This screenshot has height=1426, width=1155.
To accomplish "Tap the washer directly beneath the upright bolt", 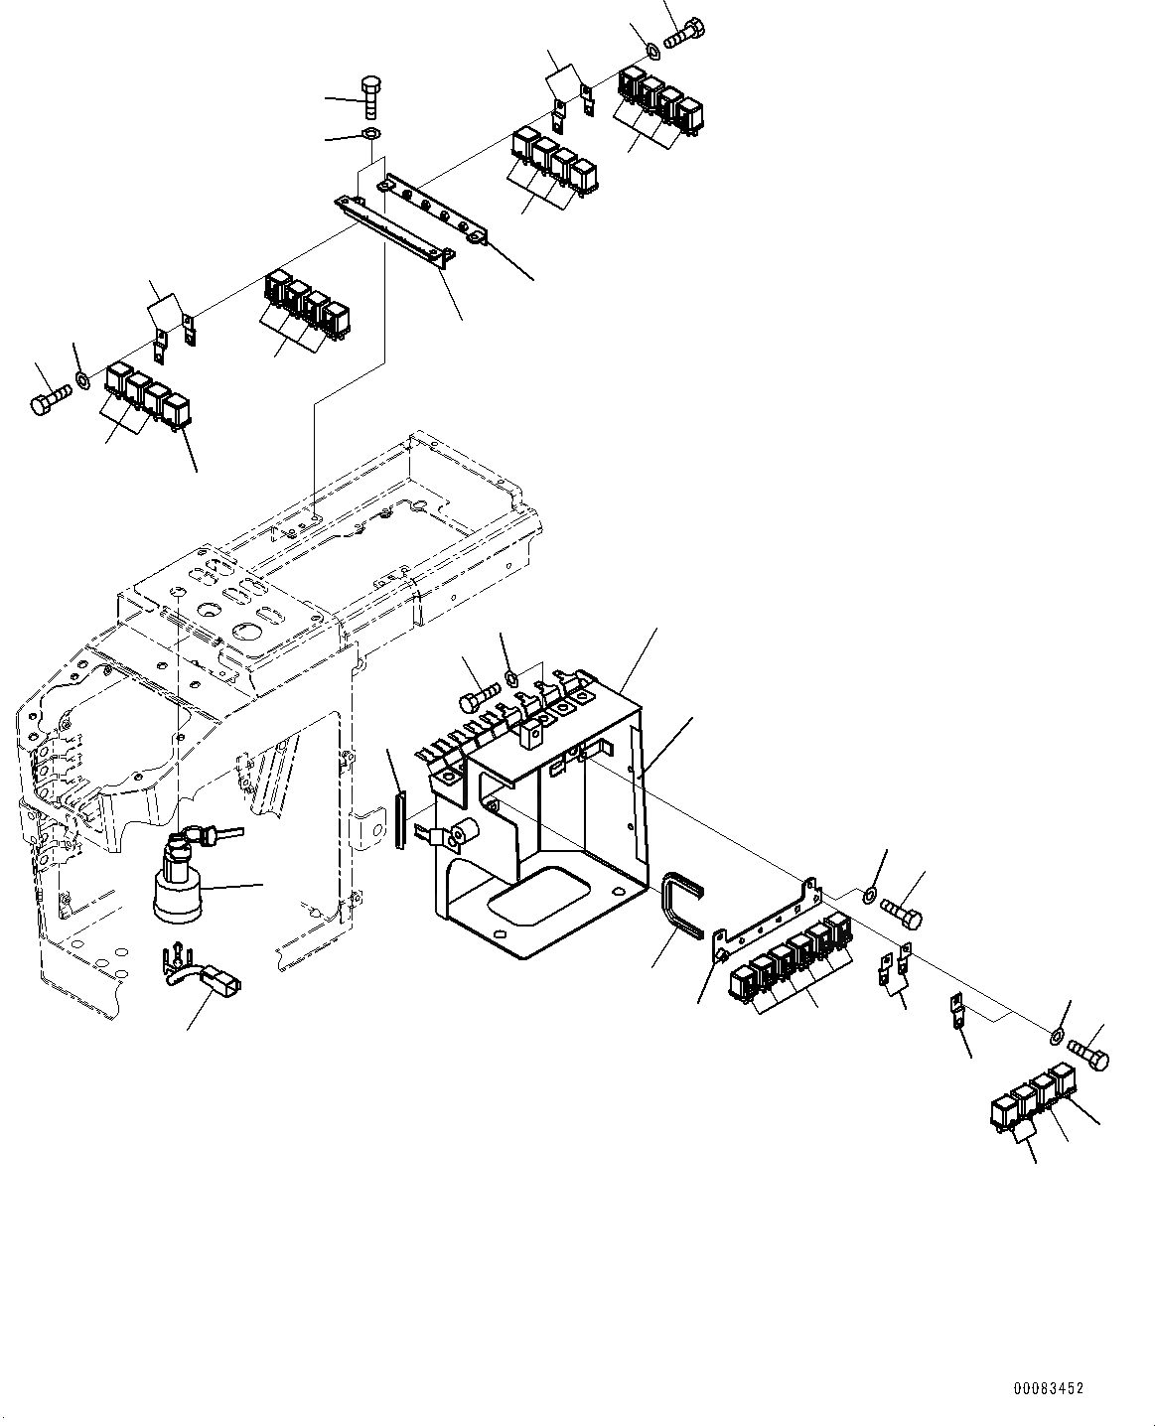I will [371, 134].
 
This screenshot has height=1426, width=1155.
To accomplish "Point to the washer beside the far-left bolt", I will [83, 378].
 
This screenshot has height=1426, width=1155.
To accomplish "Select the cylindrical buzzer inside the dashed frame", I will [178, 884].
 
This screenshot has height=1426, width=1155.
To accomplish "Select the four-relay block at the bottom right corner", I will [1034, 1096].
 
